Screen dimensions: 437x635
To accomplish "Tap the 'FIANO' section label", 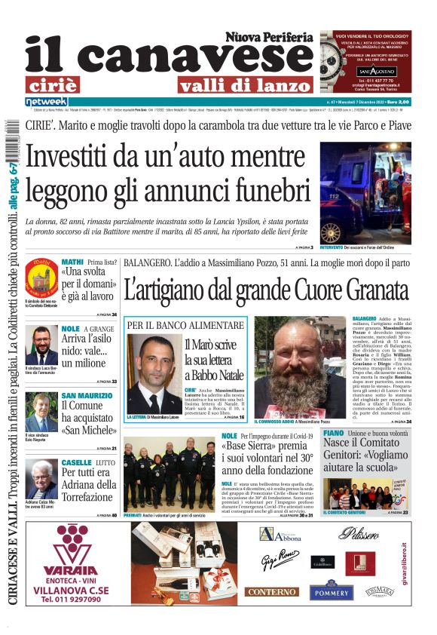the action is coord(333,434).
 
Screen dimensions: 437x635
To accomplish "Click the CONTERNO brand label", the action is coord(272,593).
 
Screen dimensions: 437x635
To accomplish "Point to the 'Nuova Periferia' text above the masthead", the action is coord(268,36).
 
